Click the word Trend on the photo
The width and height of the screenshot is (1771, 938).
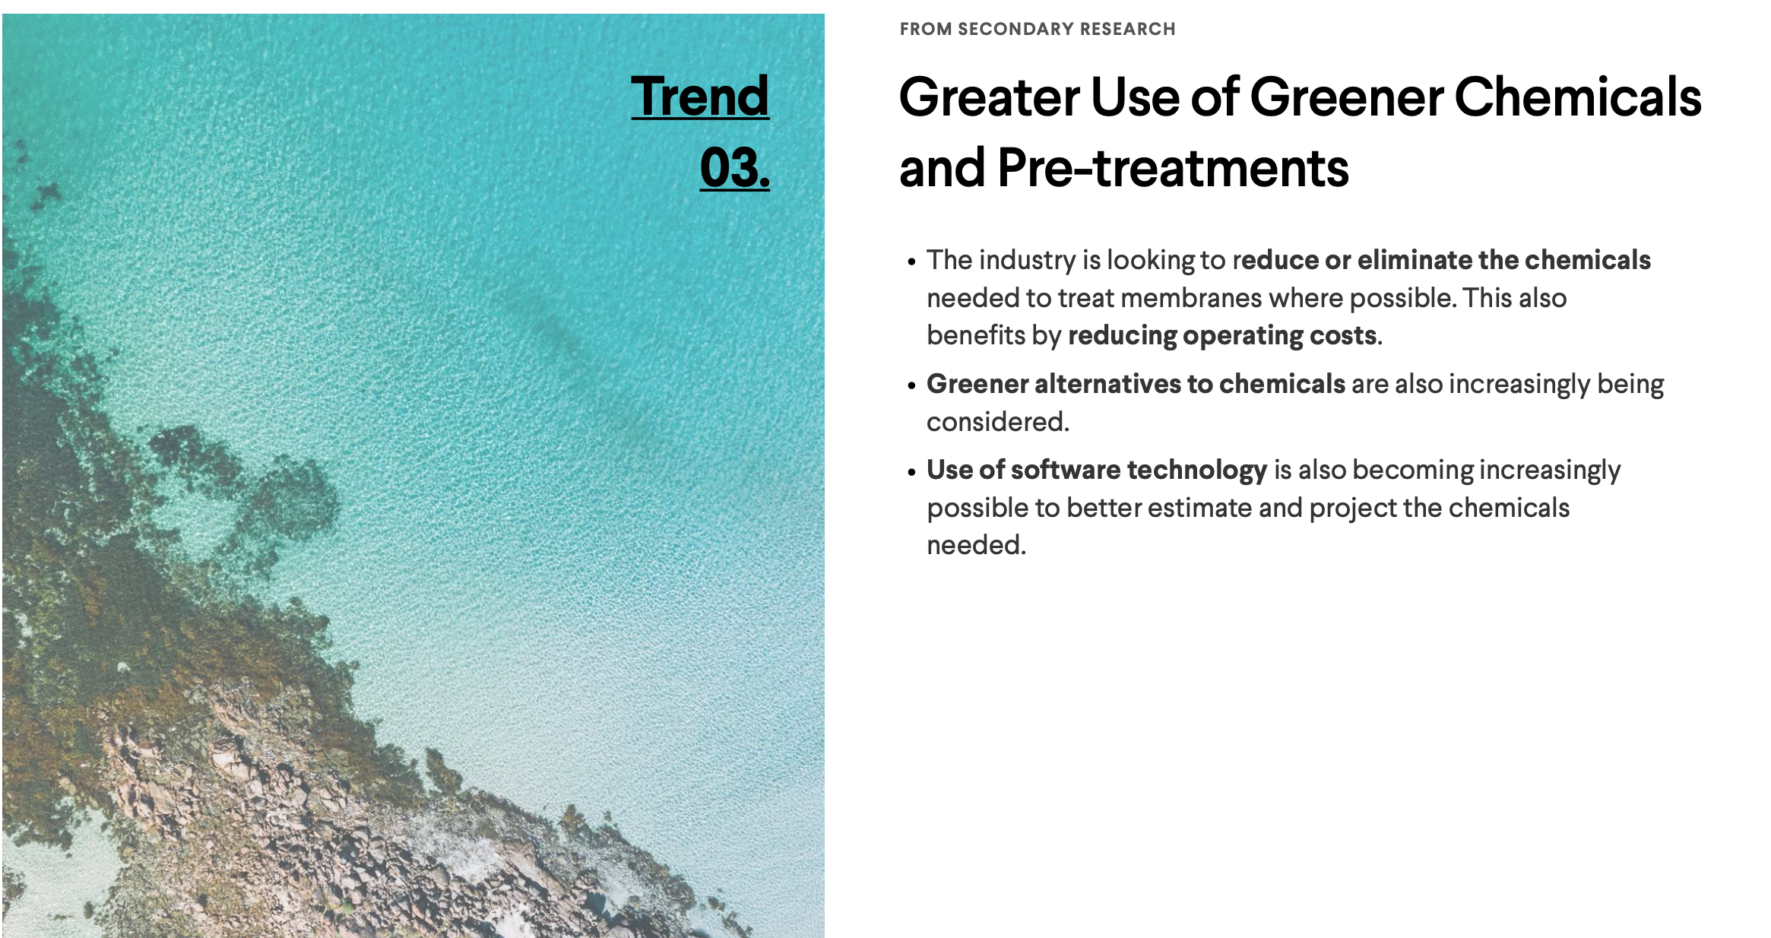(x=700, y=97)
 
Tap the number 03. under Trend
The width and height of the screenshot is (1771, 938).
(x=734, y=168)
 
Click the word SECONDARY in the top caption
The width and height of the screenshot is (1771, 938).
(x=1007, y=29)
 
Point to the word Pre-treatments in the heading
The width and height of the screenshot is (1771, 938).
(x=1173, y=168)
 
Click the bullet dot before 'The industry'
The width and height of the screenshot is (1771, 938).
(x=911, y=262)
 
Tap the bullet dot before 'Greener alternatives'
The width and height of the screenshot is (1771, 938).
(x=911, y=386)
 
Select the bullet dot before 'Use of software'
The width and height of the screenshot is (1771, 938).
(x=911, y=472)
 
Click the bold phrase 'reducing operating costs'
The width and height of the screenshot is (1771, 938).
(x=1222, y=336)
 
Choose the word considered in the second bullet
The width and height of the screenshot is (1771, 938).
(x=998, y=422)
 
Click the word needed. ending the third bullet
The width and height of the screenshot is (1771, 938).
(x=976, y=545)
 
